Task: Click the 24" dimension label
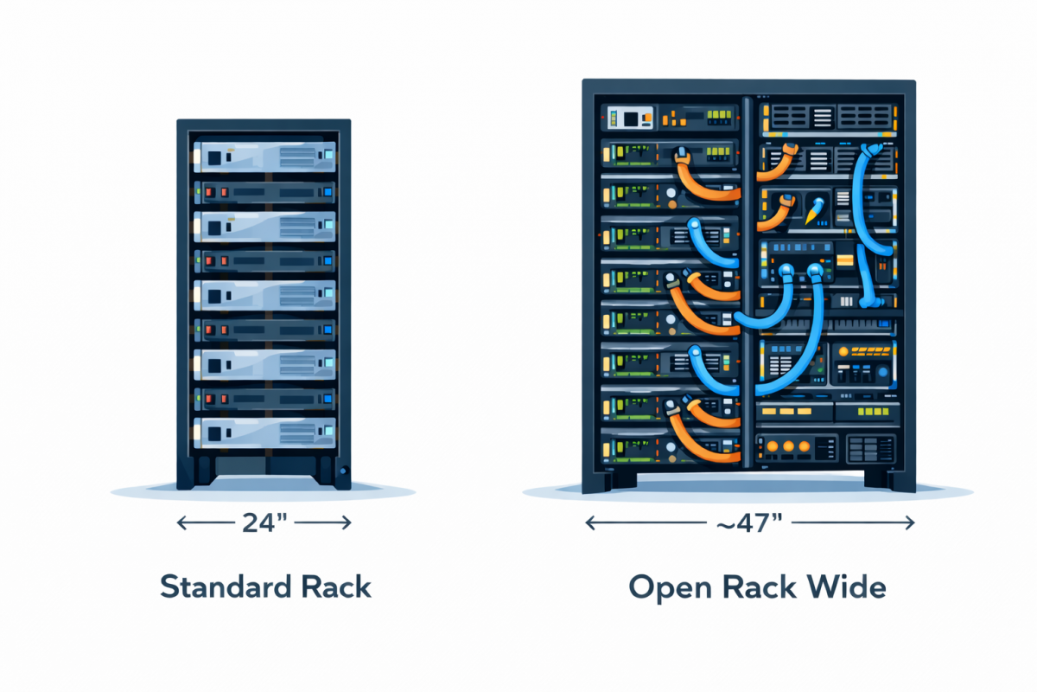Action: pos(264,522)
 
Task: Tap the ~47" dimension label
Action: pos(748,522)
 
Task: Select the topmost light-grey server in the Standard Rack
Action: pos(264,157)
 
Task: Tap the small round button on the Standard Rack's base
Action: pos(344,471)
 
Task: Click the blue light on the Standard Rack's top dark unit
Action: pos(328,190)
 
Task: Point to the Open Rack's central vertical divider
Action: pos(745,285)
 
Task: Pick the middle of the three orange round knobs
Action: pos(787,447)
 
